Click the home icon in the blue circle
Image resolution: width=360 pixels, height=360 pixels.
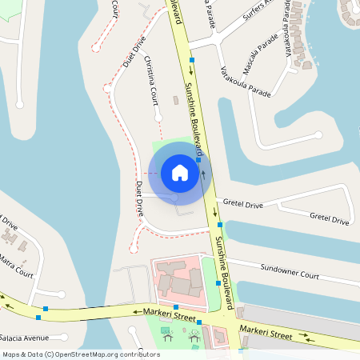pyautogui.click(x=180, y=173)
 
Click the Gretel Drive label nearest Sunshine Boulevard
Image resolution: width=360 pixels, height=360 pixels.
pyautogui.click(x=243, y=205)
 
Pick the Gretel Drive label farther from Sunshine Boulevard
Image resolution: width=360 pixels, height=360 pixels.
pyautogui.click(x=329, y=218)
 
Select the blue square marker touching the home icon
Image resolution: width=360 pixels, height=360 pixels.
pyautogui.click(x=198, y=160)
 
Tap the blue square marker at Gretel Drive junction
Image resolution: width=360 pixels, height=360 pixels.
pyautogui.click(x=219, y=226)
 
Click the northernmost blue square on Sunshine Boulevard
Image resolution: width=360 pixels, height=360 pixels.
pyautogui.click(x=192, y=59)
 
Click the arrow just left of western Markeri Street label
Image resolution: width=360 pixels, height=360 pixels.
pyautogui.click(x=137, y=312)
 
